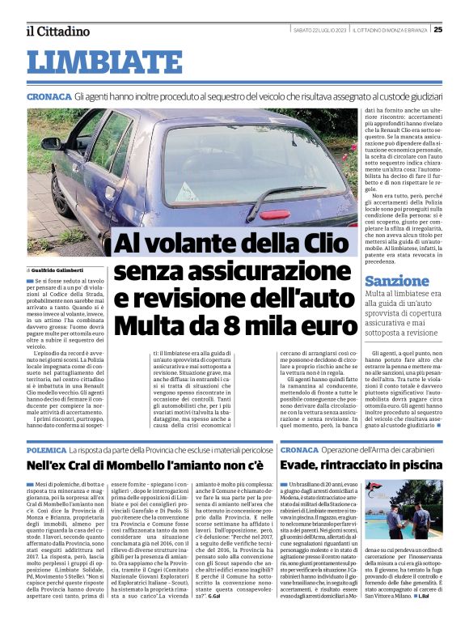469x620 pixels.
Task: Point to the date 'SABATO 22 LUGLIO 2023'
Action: [x=319, y=30]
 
